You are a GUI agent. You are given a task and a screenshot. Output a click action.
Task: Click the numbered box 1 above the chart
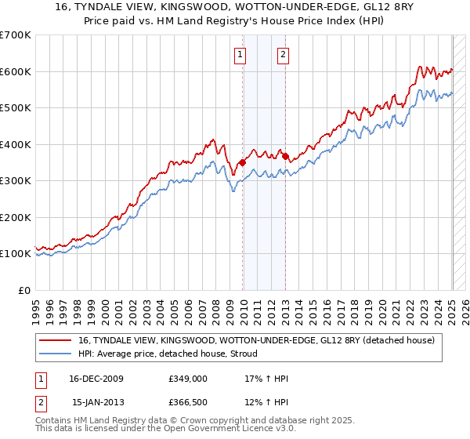pyautogui.click(x=240, y=54)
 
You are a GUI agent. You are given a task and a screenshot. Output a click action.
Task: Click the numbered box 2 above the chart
pyautogui.click(x=282, y=54)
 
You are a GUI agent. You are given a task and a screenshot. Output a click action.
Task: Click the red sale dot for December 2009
pyautogui.click(x=243, y=163)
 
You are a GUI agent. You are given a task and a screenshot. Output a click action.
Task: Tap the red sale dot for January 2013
pyautogui.click(x=285, y=156)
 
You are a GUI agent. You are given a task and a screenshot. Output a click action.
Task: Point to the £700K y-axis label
pyautogui.click(x=16, y=35)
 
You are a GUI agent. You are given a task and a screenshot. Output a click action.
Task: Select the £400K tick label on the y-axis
pyautogui.click(x=16, y=144)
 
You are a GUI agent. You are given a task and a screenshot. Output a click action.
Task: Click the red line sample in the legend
pyautogui.click(x=56, y=339)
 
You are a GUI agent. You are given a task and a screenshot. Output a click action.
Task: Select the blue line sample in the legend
pyautogui.click(x=56, y=353)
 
